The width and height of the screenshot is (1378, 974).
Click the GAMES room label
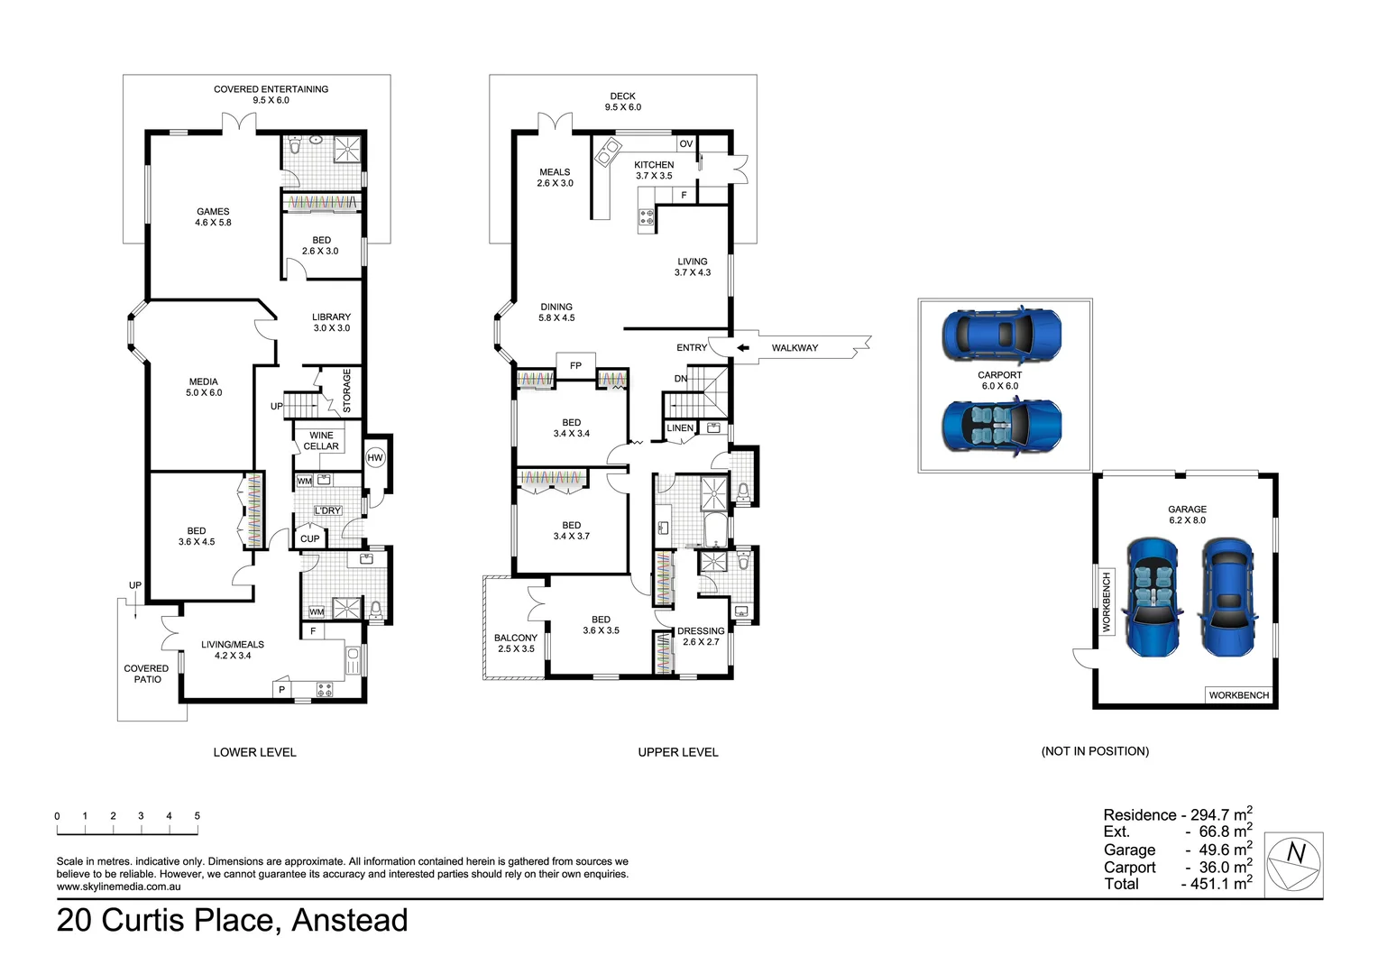pyautogui.click(x=213, y=216)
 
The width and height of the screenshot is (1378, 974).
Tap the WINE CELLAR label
pyautogui.click(x=321, y=440)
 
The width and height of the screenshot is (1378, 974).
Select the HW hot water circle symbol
pyautogui.click(x=375, y=458)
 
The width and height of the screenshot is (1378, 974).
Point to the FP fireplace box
pyautogui.click(x=575, y=365)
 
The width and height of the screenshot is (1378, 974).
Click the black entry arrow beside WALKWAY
pyautogui.click(x=742, y=347)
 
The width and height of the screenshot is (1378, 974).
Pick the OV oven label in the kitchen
pyautogui.click(x=686, y=143)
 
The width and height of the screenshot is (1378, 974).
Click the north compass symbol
pyautogui.click(x=1293, y=864)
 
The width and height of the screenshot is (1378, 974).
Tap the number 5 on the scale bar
pyautogui.click(x=197, y=816)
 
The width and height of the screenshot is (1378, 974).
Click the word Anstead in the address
pyautogui.click(x=350, y=921)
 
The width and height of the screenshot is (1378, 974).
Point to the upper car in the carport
pyautogui.click(x=1001, y=335)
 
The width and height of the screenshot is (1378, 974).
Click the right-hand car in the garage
pyautogui.click(x=1227, y=597)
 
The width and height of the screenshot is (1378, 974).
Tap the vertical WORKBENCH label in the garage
pyautogui.click(x=1107, y=602)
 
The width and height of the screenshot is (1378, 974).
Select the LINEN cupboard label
pyautogui.click(x=680, y=428)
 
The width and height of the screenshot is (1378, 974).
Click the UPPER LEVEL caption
pyautogui.click(x=678, y=752)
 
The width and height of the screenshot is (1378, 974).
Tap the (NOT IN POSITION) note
pyautogui.click(x=1095, y=751)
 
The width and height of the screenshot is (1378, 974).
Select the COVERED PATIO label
pyautogui.click(x=147, y=674)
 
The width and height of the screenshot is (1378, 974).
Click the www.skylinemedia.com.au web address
pyautogui.click(x=118, y=887)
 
